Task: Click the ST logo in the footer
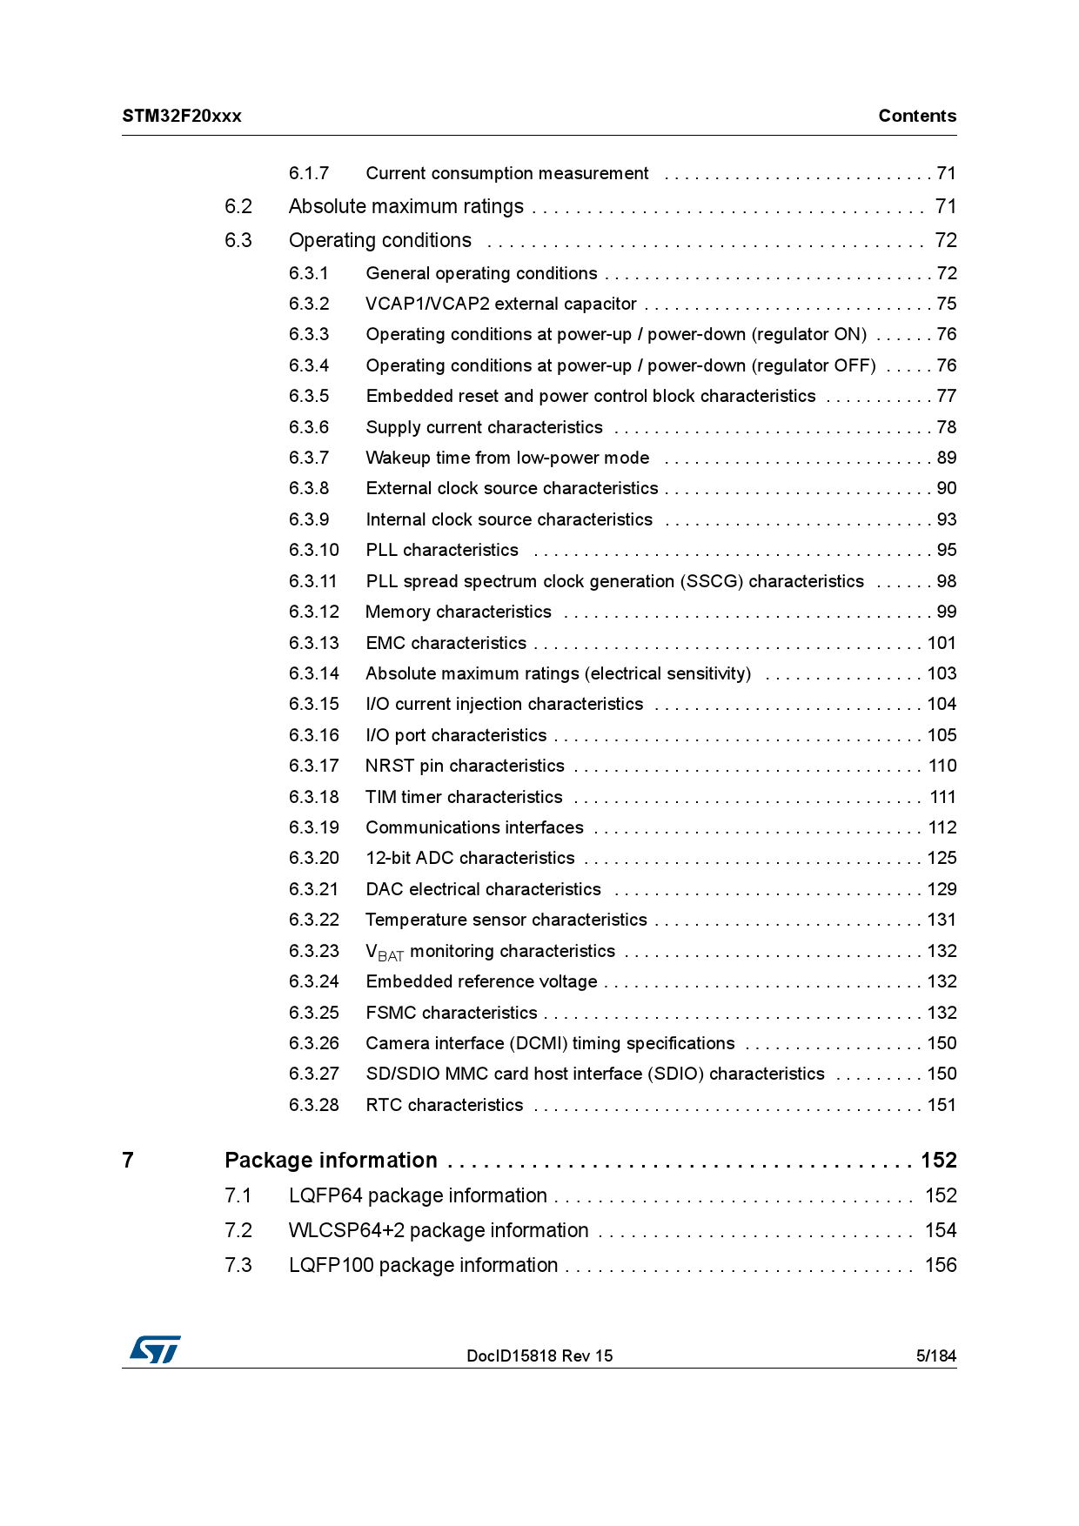[155, 1349]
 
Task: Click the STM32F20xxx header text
[182, 117]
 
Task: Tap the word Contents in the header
[916, 117]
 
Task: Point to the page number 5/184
[935, 1355]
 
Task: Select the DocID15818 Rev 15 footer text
[539, 1355]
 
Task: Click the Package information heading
[331, 1161]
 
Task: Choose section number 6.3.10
[314, 551]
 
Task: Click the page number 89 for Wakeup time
[946, 458]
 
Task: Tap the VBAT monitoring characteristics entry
[490, 952]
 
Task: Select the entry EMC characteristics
[446, 644]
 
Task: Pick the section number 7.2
[238, 1231]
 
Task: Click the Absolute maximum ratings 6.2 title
[405, 207]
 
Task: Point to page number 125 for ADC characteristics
[942, 859]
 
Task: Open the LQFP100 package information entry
[423, 1266]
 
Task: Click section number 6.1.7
[309, 174]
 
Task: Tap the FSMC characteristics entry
[451, 1014]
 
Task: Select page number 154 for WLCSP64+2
[940, 1231]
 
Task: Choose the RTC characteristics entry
[444, 1106]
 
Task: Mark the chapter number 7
[128, 1161]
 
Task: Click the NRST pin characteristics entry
[465, 766]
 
